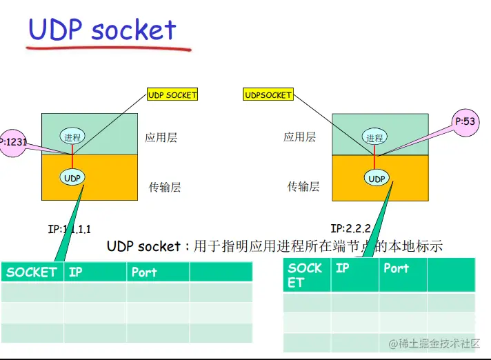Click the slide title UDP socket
coord(102,30)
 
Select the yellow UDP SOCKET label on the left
coord(172,95)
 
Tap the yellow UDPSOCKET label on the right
coord(268,95)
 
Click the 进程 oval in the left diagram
coord(72,137)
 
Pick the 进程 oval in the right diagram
coord(374,138)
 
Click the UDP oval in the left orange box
coord(72,178)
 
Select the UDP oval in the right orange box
coord(377,179)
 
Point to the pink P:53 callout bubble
coord(465,121)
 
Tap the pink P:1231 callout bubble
coord(13,143)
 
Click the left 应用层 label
coord(161,137)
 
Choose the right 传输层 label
coord(303,186)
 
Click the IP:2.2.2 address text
coord(351,228)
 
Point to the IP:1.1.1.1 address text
coord(69,229)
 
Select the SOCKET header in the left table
coord(31,272)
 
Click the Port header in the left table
coord(144,272)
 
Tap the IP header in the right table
coord(342,268)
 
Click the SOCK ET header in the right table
coord(305,275)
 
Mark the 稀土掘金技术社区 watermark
coord(434,343)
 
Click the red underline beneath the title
coord(108,49)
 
